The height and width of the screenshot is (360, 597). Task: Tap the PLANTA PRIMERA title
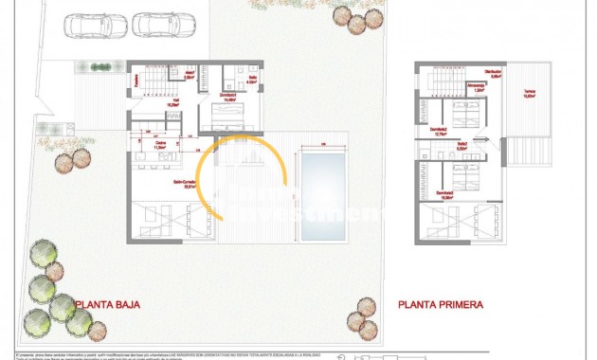[x=441, y=305]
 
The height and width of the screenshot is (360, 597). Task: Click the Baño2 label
[x=461, y=146]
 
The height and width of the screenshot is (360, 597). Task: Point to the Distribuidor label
[x=493, y=73]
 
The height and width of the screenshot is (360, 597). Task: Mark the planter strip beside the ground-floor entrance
[x=96, y=66]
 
